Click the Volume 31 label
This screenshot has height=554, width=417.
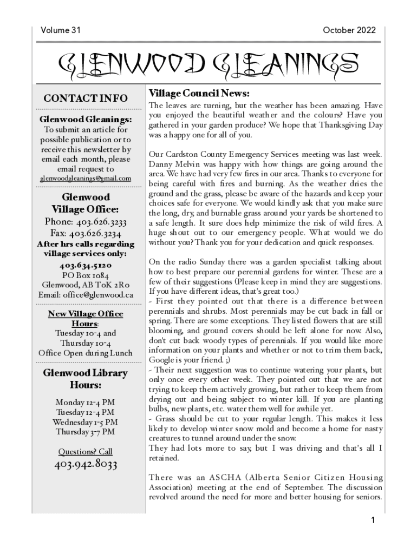click(60, 30)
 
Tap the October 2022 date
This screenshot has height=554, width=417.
click(349, 30)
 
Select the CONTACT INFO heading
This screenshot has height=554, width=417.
click(86, 98)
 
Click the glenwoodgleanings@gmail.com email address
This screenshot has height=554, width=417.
click(86, 179)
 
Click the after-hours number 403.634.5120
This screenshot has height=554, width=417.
click(86, 265)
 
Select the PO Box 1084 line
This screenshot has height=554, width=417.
click(86, 275)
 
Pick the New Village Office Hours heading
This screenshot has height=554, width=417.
click(86, 319)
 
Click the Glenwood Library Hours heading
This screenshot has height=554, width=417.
click(86, 379)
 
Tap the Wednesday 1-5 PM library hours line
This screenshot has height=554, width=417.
click(86, 422)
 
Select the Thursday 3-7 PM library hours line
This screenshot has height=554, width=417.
click(86, 432)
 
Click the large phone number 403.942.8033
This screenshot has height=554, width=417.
click(86, 465)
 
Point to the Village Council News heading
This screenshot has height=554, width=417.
click(199, 93)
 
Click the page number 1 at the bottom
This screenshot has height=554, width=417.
click(373, 520)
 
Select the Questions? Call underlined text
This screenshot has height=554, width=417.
click(86, 451)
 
